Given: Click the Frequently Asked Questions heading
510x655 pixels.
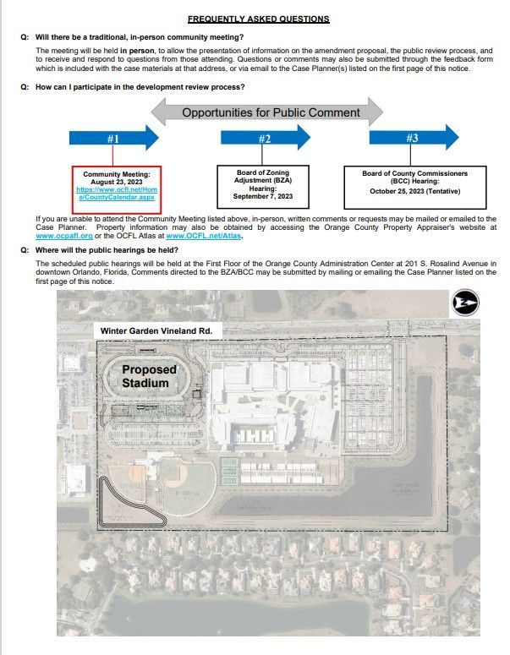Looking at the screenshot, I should click(258, 19).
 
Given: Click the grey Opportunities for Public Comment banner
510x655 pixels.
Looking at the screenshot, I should click(271, 112).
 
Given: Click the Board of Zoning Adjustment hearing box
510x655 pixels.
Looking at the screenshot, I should click(263, 184).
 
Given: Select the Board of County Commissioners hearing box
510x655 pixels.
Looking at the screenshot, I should click(414, 184).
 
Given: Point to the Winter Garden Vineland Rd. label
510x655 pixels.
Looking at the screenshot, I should click(161, 330).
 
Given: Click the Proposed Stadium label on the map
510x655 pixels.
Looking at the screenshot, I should click(149, 376).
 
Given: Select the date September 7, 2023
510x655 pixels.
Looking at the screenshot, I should click(263, 196).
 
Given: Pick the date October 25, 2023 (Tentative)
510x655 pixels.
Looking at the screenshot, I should click(414, 190).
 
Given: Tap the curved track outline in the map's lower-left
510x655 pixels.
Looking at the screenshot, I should click(127, 507).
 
